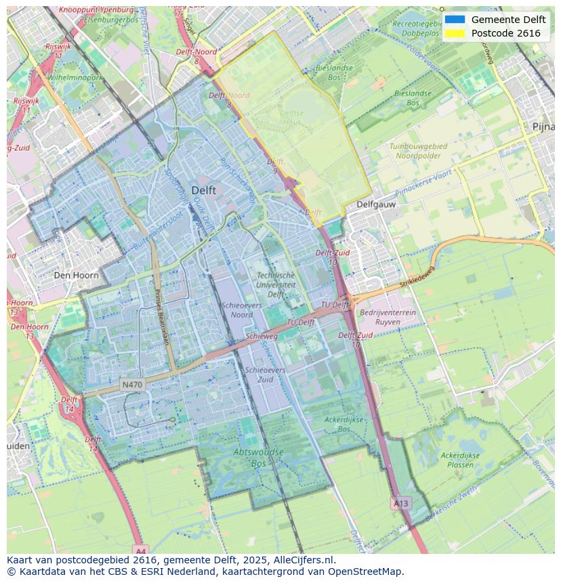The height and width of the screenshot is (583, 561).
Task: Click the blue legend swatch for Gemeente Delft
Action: click(455, 20)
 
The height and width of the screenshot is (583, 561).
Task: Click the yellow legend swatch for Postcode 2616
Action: click(455, 33)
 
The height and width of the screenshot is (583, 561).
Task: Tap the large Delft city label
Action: click(203, 190)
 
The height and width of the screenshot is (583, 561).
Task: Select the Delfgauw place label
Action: click(376, 204)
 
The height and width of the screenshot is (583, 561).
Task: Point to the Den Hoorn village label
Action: click(76, 276)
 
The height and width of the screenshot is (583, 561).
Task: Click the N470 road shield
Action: click(132, 385)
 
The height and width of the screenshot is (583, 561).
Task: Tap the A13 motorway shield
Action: click(400, 503)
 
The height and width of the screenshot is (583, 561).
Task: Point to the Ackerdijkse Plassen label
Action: click(461, 460)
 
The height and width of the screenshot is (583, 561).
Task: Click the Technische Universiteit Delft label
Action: click(276, 285)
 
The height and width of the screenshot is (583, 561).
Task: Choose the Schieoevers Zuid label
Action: click(266, 375)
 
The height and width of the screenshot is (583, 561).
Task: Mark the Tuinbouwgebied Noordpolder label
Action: click(418, 150)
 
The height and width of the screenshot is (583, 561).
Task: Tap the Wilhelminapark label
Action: click(75, 78)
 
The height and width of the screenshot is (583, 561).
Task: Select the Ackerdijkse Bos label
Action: click(344, 425)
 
